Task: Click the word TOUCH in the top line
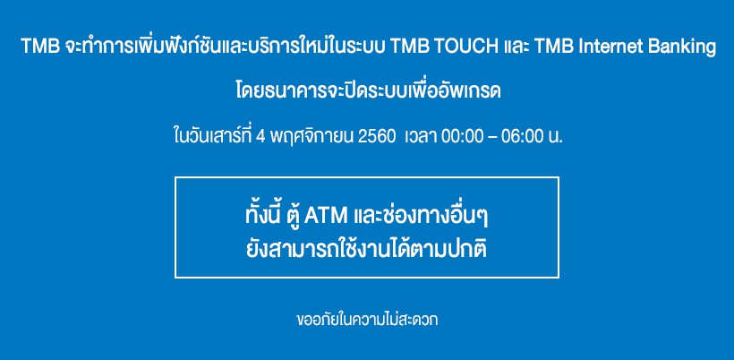click(x=465, y=47)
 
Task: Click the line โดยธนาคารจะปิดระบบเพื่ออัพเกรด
click(x=369, y=90)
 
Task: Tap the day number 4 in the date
click(x=260, y=137)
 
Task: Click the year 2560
click(x=376, y=137)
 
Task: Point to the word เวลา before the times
click(x=420, y=137)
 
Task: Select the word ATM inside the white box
click(x=326, y=216)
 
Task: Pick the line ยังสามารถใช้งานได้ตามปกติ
click(x=366, y=249)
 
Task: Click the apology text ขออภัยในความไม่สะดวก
click(x=368, y=320)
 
